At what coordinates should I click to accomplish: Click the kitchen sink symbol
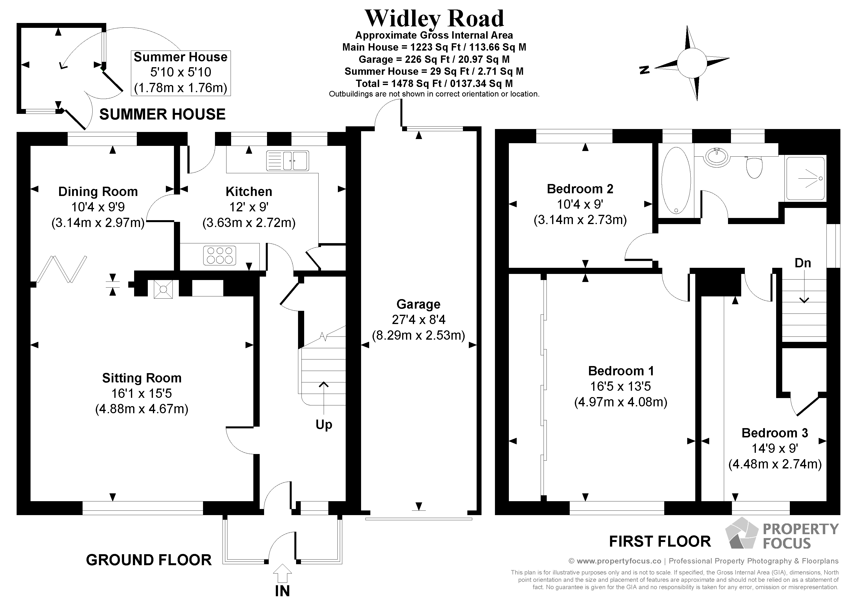pos(287,161)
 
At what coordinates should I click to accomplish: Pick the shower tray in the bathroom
pos(805,178)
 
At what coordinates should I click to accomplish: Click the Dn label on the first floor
pos(803,263)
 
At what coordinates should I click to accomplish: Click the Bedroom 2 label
pos(580,189)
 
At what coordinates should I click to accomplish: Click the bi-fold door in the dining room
pos(62,269)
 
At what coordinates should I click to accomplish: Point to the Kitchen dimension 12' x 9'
pos(249,207)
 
